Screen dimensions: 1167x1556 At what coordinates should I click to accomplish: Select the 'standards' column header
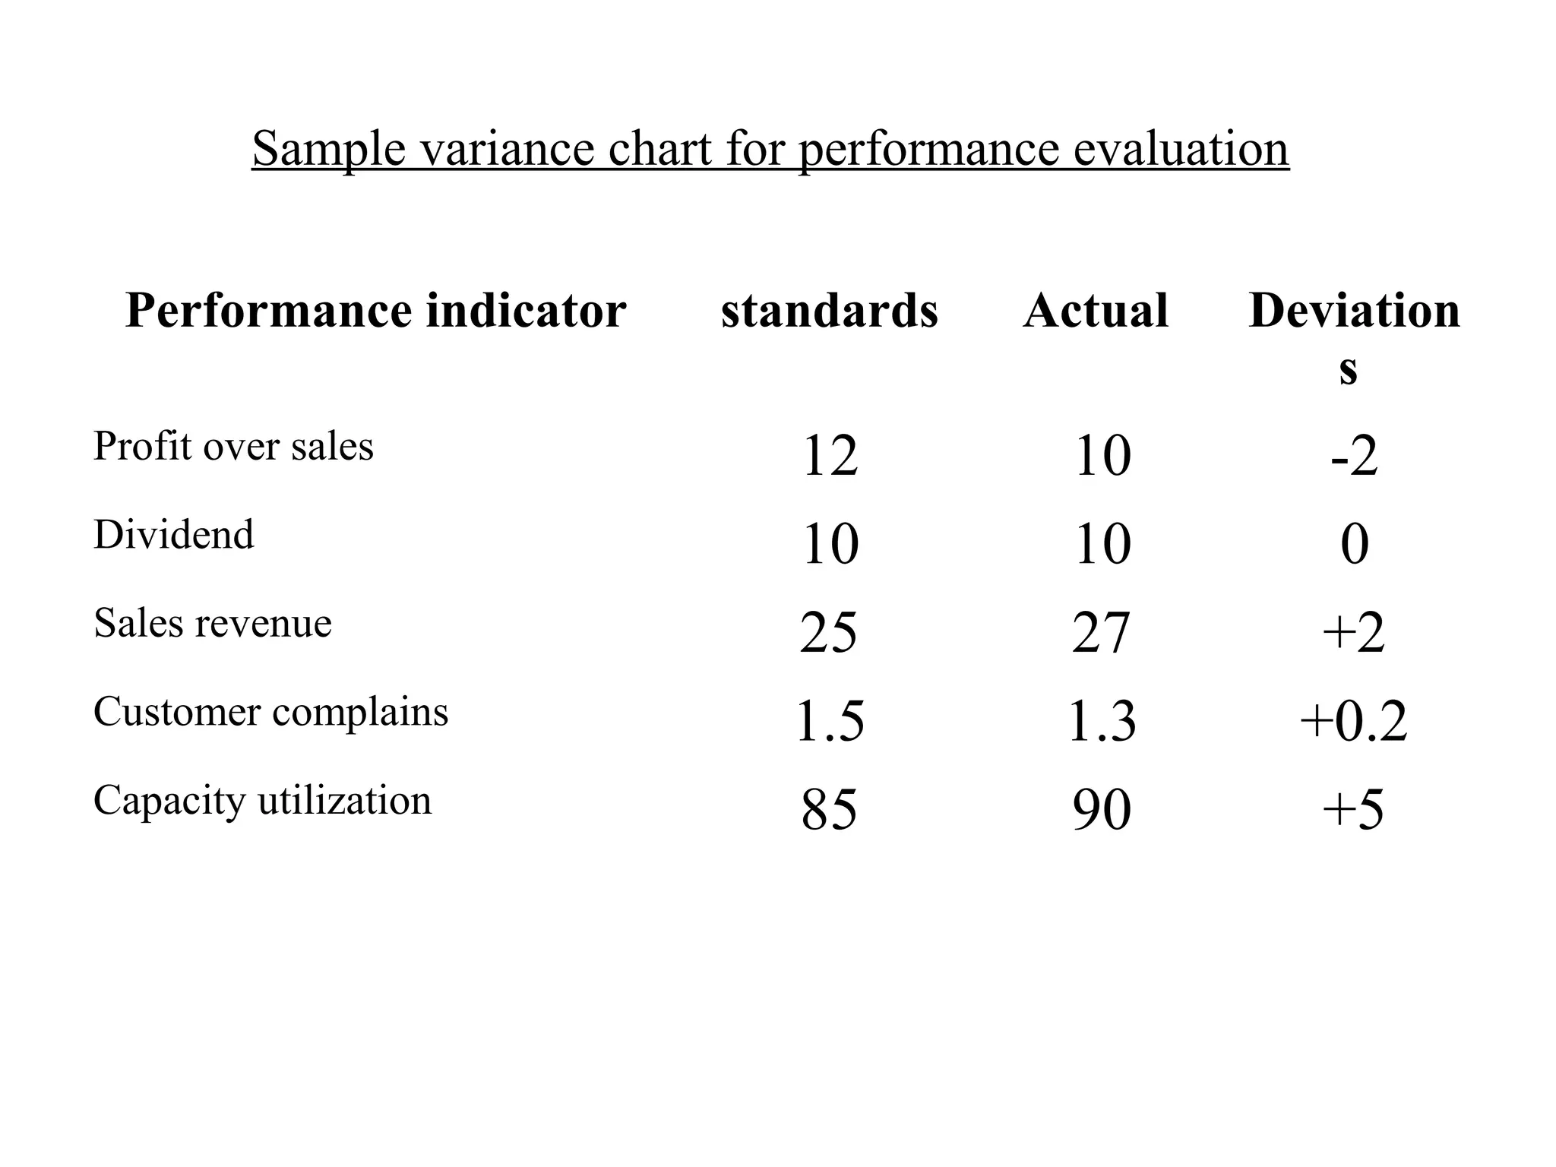830,311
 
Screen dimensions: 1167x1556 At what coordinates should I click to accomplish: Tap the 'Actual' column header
1096,311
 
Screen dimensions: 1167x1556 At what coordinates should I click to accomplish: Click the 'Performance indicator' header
375,311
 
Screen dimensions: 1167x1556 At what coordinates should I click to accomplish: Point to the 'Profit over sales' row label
233,446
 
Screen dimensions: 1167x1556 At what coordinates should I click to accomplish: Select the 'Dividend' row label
174,534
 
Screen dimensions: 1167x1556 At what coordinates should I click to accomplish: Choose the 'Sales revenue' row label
213,623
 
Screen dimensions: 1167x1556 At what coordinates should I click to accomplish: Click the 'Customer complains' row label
270,712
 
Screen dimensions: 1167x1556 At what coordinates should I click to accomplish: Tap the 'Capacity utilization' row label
262,800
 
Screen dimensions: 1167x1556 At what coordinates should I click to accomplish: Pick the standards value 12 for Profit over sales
830,456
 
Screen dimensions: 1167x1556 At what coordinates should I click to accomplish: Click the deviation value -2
1354,456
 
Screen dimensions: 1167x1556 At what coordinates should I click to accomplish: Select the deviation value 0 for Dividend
1354,544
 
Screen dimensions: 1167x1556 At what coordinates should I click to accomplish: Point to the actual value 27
1101,633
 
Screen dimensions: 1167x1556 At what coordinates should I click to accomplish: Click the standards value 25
828,633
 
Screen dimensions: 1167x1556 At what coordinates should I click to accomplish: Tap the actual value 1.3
1102,721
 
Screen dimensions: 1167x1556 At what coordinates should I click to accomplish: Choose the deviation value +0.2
1353,721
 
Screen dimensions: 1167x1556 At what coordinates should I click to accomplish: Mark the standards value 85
829,810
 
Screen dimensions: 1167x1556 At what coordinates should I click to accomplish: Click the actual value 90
1102,810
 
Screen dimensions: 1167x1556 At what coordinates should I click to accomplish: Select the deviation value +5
1352,810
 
